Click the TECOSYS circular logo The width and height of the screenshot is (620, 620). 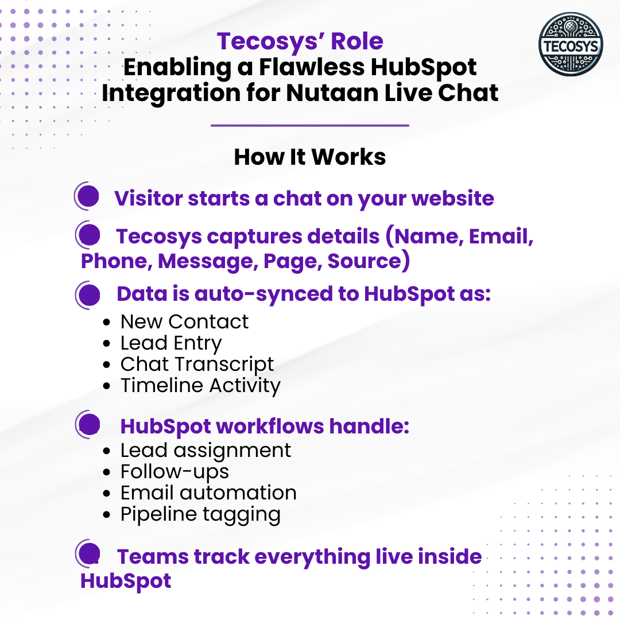(x=571, y=44)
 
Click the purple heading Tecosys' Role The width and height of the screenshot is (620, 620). (x=300, y=41)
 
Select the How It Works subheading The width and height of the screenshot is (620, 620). (x=309, y=157)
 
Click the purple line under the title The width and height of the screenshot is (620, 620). (x=309, y=125)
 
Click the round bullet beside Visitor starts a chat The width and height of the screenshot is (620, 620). (x=87, y=196)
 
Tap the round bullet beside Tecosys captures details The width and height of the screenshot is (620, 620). (x=88, y=235)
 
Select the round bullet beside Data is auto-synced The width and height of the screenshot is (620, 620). (x=88, y=295)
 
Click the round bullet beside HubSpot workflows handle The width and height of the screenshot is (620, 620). (x=88, y=424)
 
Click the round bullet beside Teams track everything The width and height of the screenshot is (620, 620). (x=88, y=553)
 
